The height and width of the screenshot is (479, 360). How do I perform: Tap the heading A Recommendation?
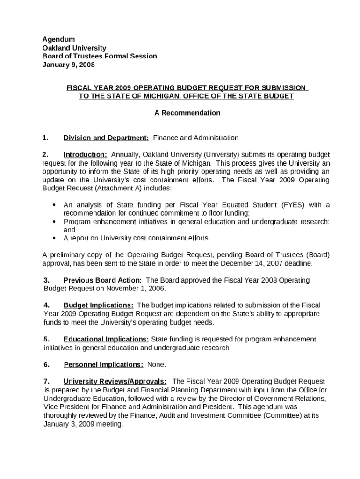click(187, 113)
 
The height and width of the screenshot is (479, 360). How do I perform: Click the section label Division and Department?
click(106, 138)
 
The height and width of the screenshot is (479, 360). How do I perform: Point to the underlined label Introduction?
click(85, 155)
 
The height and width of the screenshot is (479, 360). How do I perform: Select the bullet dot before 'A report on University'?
click(54, 238)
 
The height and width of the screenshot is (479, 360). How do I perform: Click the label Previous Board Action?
click(102, 280)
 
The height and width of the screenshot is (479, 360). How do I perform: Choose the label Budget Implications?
click(98, 305)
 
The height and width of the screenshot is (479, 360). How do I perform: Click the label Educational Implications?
click(106, 339)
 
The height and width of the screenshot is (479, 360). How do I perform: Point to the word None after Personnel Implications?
click(156, 364)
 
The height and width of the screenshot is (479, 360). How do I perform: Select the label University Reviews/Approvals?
click(115, 382)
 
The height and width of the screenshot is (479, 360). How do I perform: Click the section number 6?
click(46, 364)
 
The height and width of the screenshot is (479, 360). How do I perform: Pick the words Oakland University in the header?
click(74, 48)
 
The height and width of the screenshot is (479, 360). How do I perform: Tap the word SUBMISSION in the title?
click(284, 88)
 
